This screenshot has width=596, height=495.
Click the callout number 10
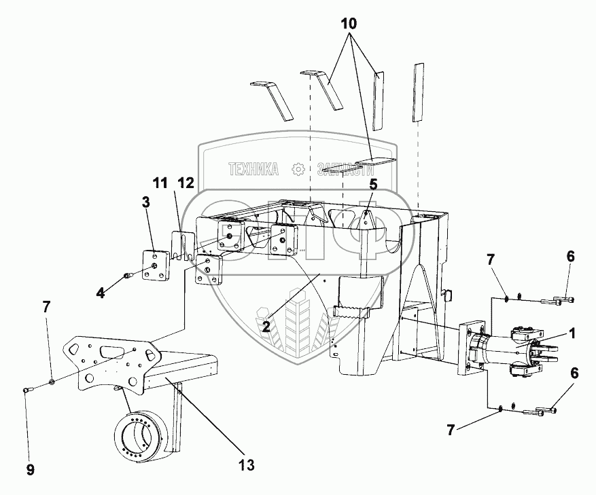(347, 22)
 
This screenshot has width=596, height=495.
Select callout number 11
(159, 183)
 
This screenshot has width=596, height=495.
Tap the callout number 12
(186, 183)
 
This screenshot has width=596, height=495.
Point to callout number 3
(146, 202)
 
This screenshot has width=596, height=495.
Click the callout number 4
(101, 293)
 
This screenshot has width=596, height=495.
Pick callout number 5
(373, 183)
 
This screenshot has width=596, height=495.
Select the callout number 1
(572, 333)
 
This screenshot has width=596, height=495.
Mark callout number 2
(266, 326)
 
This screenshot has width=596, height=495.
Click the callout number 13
(246, 465)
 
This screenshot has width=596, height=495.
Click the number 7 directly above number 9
(47, 306)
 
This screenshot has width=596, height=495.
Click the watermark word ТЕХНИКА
(253, 169)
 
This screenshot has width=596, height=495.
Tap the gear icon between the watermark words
(297, 169)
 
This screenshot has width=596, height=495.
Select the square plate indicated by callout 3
(156, 264)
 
